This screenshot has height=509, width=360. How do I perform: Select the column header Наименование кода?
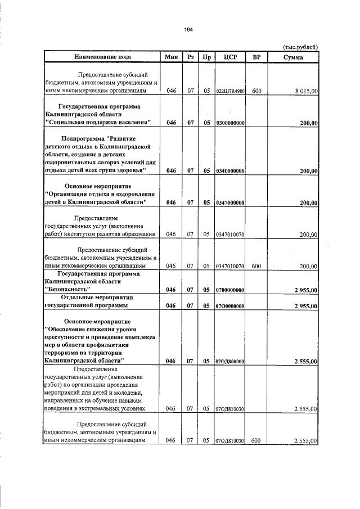(102, 57)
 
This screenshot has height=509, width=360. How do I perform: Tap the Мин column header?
(171, 57)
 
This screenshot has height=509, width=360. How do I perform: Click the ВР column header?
(256, 57)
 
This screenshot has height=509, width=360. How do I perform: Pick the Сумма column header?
(293, 57)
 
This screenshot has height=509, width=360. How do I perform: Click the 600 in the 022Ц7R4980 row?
(256, 90)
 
